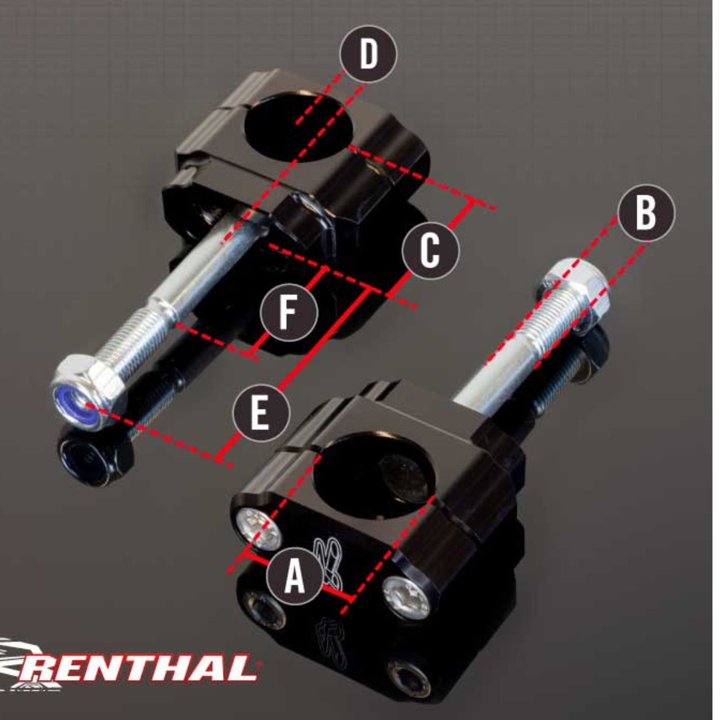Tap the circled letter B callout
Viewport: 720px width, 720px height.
pyautogui.click(x=646, y=212)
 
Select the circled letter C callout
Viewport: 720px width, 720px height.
pyautogui.click(x=430, y=249)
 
